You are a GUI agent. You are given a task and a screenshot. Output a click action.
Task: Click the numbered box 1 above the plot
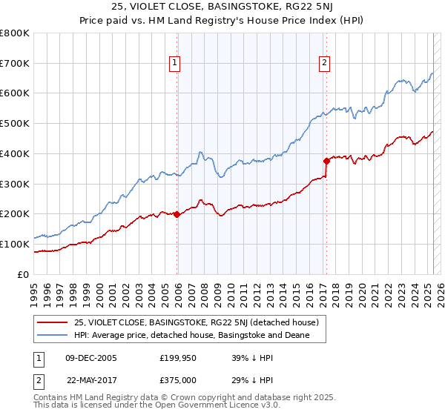click(174, 63)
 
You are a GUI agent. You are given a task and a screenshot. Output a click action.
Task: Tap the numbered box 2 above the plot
click(325, 63)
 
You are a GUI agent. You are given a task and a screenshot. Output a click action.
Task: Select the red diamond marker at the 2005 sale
click(177, 214)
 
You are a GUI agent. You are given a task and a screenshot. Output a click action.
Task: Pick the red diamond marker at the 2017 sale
click(326, 161)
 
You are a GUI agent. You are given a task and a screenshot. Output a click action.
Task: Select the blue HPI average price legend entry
click(191, 336)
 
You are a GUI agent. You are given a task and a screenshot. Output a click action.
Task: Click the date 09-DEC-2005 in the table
click(90, 357)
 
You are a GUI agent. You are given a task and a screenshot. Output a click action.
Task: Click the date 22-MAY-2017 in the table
click(92, 380)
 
